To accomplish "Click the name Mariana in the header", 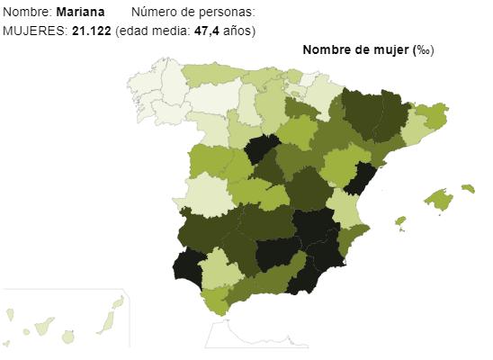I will click(79, 13).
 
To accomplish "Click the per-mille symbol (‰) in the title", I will click(421, 50).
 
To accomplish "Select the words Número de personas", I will click(192, 13).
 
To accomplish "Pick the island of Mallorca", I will click(438, 200).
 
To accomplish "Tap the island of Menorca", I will click(467, 188).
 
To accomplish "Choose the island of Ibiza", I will click(400, 220).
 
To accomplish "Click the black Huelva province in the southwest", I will click(189, 265).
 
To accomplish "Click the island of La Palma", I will click(10, 315).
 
